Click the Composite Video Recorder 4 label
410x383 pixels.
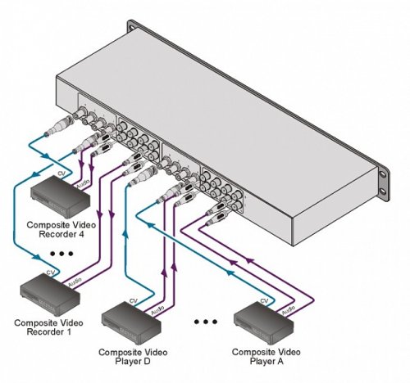click(61, 229)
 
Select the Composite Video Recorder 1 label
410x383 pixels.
click(48, 327)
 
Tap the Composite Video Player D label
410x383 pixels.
click(133, 357)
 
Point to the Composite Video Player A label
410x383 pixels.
click(266, 357)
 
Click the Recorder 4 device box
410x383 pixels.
click(60, 196)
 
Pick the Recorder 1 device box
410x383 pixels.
click(50, 294)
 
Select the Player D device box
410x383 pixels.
click(131, 323)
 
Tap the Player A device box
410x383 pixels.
click(264, 323)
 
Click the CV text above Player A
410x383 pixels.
click(264, 301)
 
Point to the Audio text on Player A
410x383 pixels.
click(288, 310)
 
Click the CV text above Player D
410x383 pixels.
click(134, 301)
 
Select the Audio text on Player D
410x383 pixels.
click(157, 310)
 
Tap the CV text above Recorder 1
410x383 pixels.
click(51, 273)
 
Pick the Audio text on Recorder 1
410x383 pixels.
click(75, 282)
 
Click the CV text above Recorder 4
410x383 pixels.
click(61, 173)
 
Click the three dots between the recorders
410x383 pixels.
click(61, 254)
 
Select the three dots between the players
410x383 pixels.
click(206, 322)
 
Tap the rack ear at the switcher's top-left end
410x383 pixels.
click(132, 26)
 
